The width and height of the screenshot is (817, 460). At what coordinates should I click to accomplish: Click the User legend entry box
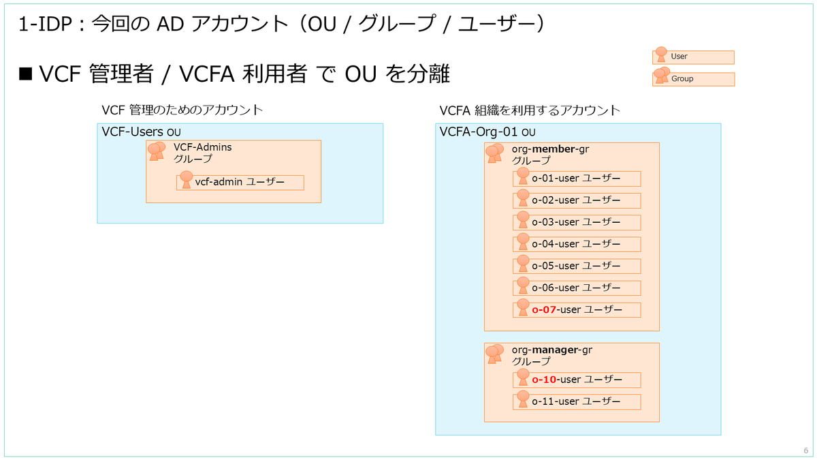[693, 57]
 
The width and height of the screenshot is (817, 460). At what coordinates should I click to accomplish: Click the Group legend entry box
[693, 79]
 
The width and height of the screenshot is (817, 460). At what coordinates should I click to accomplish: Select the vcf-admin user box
[240, 183]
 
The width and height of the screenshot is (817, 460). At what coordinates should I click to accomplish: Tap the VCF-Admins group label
[203, 153]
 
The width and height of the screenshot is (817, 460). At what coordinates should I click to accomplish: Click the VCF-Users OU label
[141, 132]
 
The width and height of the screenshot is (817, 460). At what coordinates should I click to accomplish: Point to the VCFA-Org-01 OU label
[487, 132]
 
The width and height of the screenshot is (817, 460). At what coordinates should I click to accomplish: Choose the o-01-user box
[577, 179]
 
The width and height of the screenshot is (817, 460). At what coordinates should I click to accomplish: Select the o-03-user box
[577, 223]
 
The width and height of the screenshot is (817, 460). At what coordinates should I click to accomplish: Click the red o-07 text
[544, 310]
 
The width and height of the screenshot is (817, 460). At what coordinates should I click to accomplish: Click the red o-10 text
[544, 380]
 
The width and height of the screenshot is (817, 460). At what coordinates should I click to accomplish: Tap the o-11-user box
[577, 402]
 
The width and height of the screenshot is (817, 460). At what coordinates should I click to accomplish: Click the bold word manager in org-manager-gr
[555, 350]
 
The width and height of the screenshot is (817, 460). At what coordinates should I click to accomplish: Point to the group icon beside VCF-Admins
[157, 151]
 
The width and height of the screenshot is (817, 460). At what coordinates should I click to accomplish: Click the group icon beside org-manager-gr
[494, 354]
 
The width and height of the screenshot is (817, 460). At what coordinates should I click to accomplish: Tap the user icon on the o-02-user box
[523, 198]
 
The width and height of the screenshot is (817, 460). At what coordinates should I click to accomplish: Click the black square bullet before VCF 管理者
[26, 74]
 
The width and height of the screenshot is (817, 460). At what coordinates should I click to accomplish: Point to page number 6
[805, 450]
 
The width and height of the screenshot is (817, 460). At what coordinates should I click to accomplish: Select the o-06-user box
[577, 288]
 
